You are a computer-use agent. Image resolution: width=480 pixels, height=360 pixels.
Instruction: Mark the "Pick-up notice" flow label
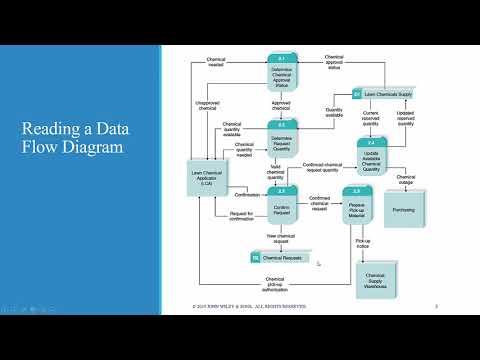coord(362,243)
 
